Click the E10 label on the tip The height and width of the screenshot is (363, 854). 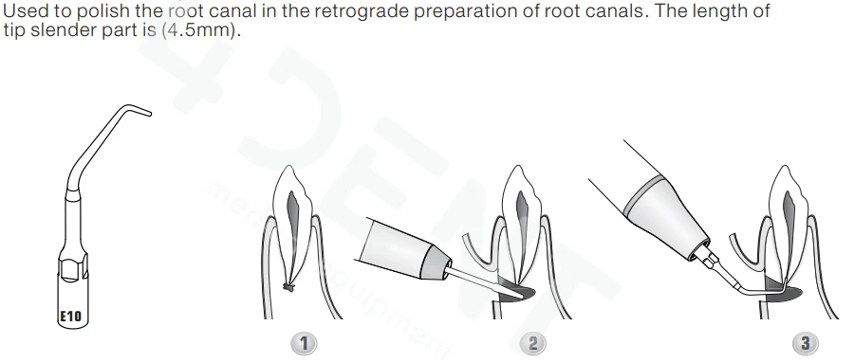(70, 316)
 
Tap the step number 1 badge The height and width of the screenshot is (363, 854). (304, 343)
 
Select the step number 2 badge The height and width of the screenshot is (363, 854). (532, 343)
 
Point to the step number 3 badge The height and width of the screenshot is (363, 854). (805, 343)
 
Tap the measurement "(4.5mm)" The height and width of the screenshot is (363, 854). (201, 30)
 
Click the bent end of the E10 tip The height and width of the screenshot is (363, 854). (144, 111)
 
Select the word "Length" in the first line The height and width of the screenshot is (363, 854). (718, 11)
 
